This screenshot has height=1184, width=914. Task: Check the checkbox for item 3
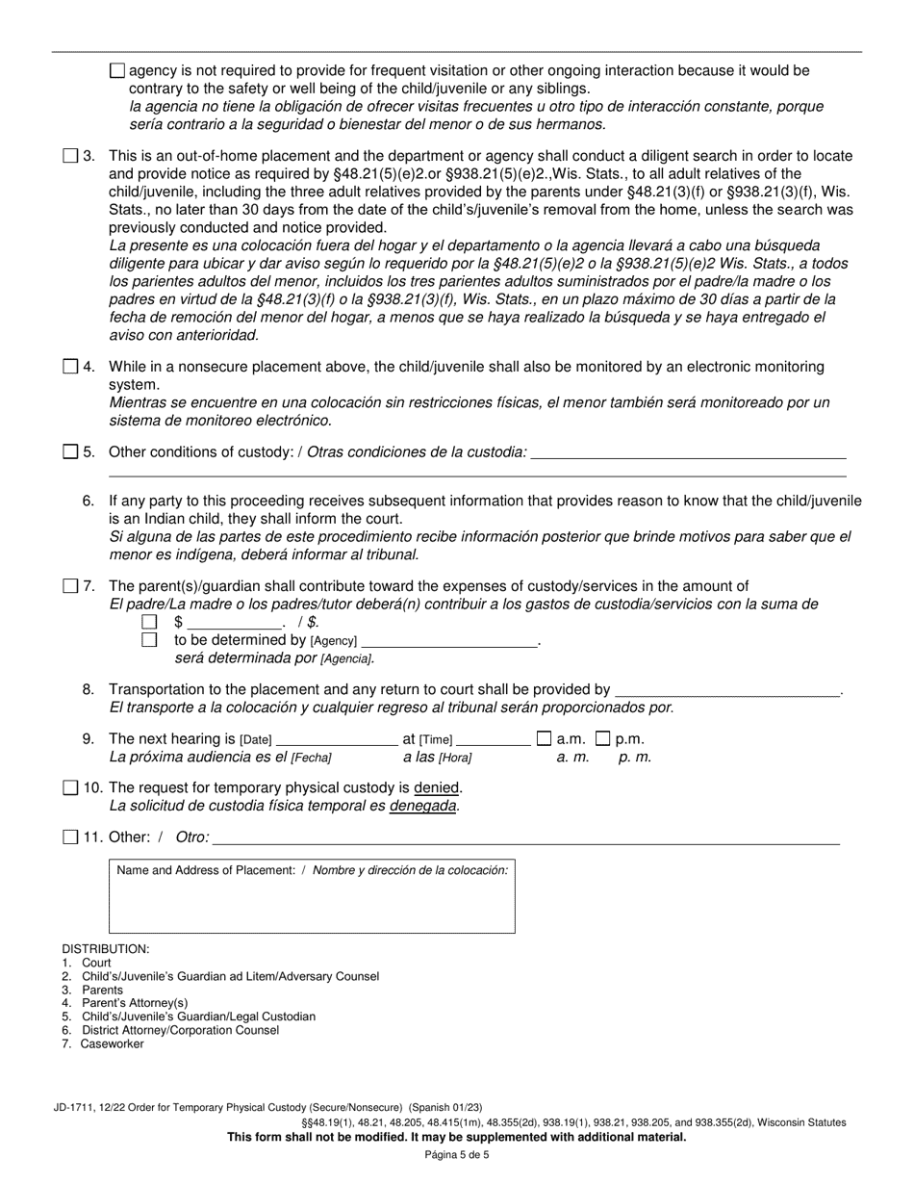(70, 156)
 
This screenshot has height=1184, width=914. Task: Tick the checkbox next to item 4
(70, 367)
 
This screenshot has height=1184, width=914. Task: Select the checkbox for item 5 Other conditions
(70, 451)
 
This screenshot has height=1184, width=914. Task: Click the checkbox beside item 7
(70, 586)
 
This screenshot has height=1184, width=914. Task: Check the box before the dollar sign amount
(149, 623)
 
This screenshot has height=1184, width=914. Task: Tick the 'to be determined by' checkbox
(149, 640)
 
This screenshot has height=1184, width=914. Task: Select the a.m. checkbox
(544, 739)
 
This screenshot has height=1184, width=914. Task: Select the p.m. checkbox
(603, 739)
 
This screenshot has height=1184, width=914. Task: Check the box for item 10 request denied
(70, 787)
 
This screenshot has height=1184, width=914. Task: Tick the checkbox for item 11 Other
(70, 837)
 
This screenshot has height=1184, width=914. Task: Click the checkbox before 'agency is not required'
(117, 70)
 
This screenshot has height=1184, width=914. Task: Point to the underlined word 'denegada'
(422, 805)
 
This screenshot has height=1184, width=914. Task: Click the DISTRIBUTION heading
(106, 949)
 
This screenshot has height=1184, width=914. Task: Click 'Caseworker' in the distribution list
(112, 1043)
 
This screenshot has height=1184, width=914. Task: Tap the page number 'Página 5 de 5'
(457, 1155)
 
